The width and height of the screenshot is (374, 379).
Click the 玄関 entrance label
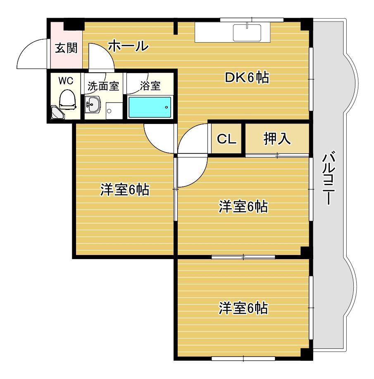66,48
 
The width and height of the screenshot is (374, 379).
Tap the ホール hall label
128,46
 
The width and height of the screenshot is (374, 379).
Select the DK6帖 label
247,78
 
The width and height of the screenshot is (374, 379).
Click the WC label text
66,81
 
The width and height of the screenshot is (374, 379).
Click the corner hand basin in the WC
57,113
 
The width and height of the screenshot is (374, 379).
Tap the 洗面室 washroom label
103,86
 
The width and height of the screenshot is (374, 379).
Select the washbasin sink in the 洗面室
93,105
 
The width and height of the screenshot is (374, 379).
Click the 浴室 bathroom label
150,86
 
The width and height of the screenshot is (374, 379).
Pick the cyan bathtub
150,107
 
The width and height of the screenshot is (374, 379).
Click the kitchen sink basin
247,33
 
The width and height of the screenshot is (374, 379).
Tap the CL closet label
226,139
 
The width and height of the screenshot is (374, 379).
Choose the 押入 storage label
277,139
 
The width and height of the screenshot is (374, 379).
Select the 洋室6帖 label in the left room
125,190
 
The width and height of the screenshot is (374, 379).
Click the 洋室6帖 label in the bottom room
243,308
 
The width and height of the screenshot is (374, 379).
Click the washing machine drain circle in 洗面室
109,111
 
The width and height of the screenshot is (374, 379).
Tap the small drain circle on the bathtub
167,107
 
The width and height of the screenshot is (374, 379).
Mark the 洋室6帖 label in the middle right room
243,207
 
